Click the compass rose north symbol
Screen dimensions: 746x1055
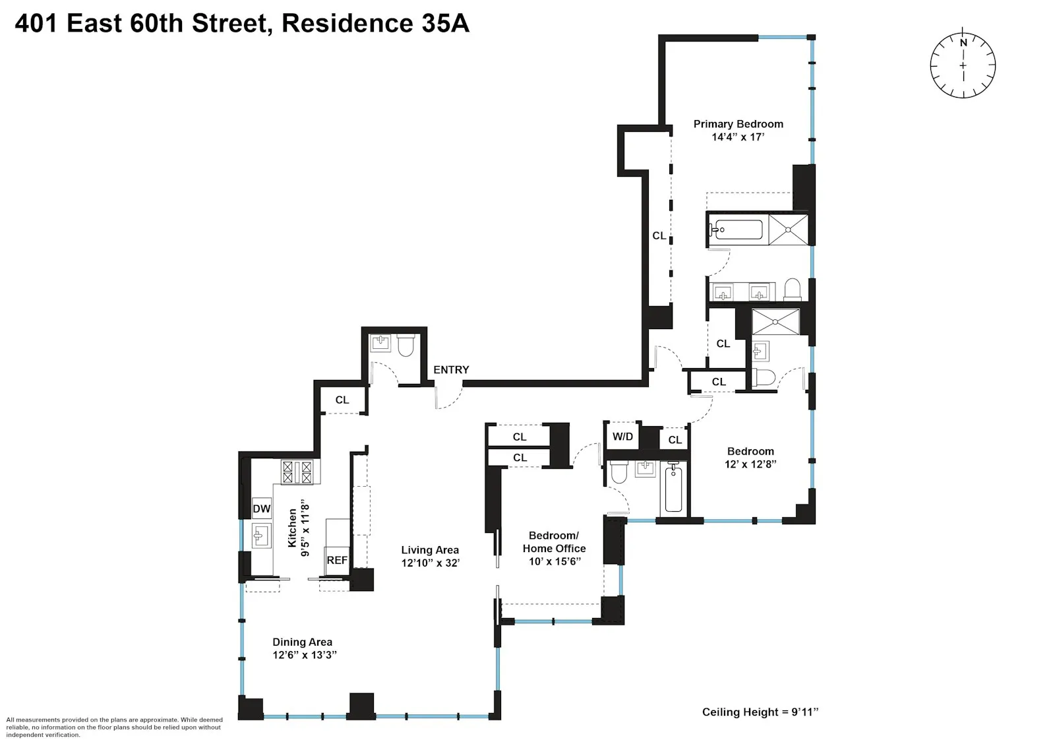(x=963, y=65)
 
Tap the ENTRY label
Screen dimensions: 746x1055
(x=451, y=370)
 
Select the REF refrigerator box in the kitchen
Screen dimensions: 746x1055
(x=337, y=560)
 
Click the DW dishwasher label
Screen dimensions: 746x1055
(x=262, y=509)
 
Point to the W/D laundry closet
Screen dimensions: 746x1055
(x=622, y=437)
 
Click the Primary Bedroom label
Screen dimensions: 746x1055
(x=738, y=124)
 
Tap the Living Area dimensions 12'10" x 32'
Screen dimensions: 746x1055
(x=430, y=563)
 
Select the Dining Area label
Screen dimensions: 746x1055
(x=302, y=642)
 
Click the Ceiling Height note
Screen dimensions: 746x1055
(x=760, y=712)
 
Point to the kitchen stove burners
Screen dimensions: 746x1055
(x=297, y=472)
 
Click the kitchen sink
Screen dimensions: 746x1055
(x=261, y=535)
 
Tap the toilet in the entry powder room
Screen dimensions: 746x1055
(x=406, y=345)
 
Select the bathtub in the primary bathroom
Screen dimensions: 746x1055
(x=737, y=230)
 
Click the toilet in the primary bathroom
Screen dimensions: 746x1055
(x=792, y=290)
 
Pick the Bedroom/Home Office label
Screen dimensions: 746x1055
(x=554, y=542)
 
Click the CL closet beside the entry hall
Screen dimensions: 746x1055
(x=342, y=400)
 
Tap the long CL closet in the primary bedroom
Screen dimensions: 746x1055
(x=659, y=235)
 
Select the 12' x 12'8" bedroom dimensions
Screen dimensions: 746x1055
(x=750, y=464)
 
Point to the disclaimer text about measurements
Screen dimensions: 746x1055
(x=114, y=727)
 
